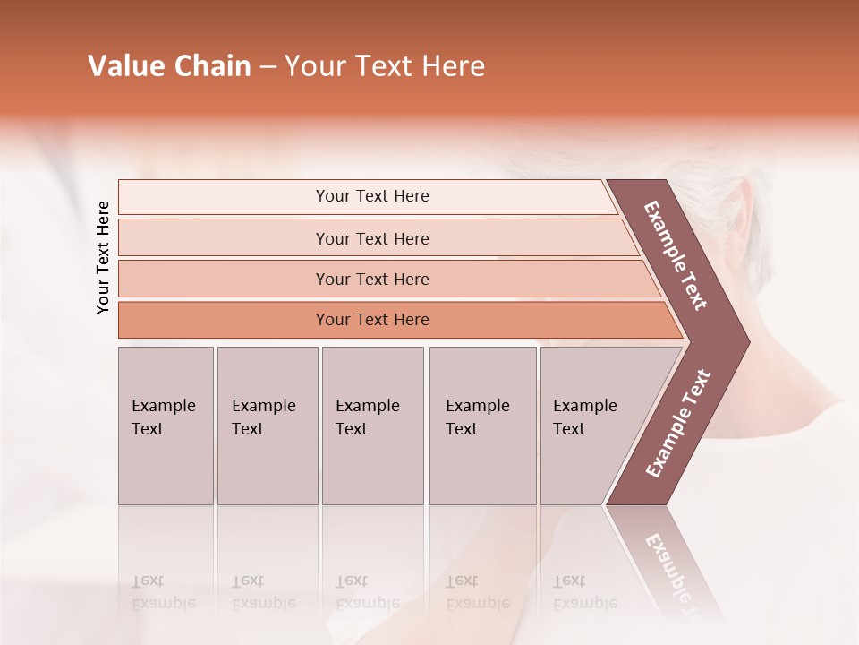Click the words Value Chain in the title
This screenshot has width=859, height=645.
click(169, 66)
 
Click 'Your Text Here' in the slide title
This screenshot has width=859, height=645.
click(385, 66)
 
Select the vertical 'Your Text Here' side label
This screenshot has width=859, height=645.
click(103, 257)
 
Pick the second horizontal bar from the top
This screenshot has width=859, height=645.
click(372, 238)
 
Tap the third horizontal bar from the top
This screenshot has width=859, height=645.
click(372, 279)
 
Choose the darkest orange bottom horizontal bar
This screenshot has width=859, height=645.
click(372, 320)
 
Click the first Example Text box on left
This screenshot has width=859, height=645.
click(166, 426)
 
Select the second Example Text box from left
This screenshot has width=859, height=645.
click(267, 426)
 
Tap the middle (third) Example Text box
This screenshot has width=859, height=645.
click(372, 426)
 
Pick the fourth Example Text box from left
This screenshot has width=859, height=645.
click(481, 426)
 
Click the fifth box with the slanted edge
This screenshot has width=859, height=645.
click(591, 426)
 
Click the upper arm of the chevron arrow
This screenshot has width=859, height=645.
click(676, 255)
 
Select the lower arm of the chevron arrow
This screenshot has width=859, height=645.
click(678, 423)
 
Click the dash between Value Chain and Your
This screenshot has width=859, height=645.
click(268, 67)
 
